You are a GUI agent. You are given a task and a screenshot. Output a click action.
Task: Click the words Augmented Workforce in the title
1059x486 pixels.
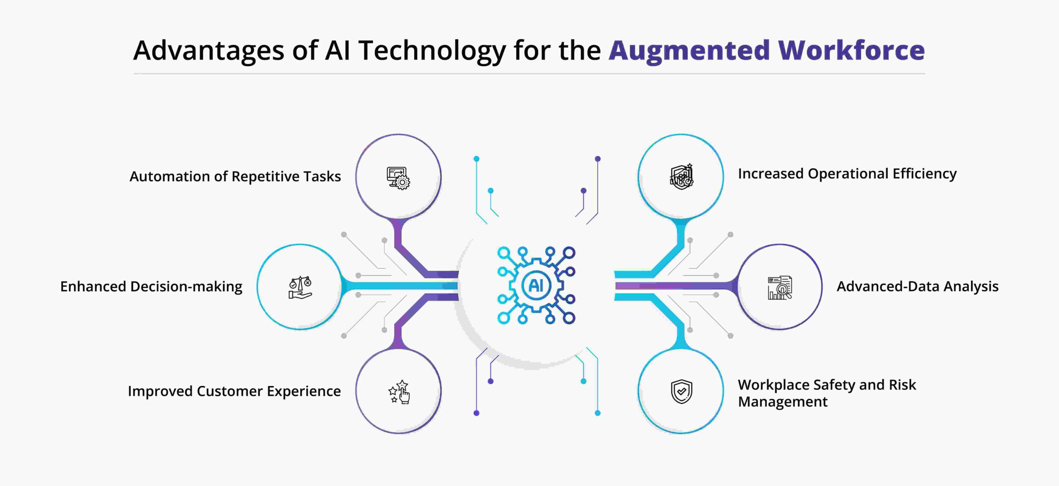(767, 50)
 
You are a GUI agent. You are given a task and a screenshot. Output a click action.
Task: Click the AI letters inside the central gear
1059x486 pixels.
(536, 285)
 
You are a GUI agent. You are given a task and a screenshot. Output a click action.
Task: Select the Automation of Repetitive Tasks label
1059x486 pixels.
(235, 177)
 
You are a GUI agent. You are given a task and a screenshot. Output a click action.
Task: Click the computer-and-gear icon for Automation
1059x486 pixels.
(398, 178)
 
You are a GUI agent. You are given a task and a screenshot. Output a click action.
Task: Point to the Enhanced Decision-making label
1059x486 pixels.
(151, 287)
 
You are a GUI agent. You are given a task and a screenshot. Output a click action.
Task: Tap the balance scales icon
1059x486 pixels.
(300, 287)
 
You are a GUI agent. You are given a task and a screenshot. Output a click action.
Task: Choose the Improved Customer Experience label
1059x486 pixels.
(234, 391)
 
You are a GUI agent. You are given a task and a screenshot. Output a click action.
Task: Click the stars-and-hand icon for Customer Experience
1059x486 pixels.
(399, 392)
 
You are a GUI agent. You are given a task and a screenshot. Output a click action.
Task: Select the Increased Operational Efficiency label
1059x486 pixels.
(847, 174)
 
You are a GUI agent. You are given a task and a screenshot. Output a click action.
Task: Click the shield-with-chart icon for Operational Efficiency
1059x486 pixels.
(681, 177)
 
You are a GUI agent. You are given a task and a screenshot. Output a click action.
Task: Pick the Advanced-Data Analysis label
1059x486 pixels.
(918, 287)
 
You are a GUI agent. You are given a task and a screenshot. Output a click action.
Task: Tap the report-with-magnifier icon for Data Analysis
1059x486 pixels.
(780, 287)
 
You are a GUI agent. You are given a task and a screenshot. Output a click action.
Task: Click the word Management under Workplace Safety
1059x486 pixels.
(783, 402)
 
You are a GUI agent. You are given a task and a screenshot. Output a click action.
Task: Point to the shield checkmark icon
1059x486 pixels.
(681, 391)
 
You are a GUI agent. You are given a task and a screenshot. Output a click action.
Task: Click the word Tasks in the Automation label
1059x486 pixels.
(322, 177)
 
